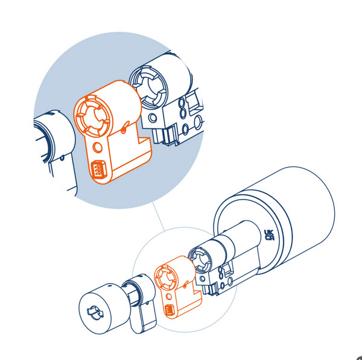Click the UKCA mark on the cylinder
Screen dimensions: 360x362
[x=268, y=235]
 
